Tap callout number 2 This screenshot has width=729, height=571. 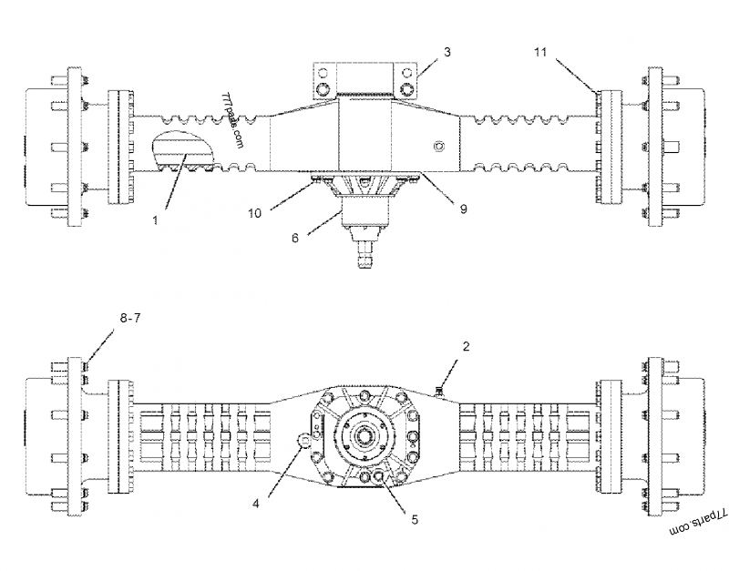[x=466, y=347]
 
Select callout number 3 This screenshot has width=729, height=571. [x=447, y=52]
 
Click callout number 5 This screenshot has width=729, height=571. [x=415, y=520]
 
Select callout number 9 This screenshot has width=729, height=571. [x=463, y=209]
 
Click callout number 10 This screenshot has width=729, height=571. [x=256, y=212]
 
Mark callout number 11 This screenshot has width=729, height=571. [x=540, y=54]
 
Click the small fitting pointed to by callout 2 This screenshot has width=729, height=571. [x=438, y=393]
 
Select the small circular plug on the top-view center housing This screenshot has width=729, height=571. [x=440, y=147]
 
